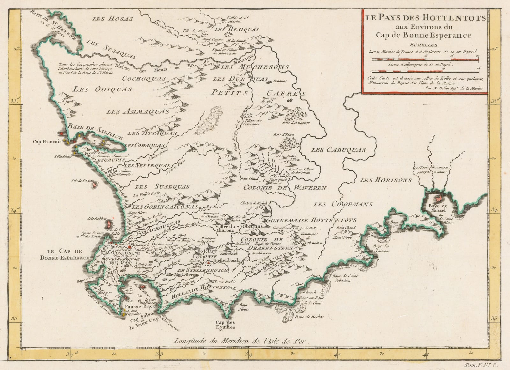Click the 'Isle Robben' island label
click(98, 219)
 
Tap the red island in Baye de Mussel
click(439, 198)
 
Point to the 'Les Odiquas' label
click(102, 89)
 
